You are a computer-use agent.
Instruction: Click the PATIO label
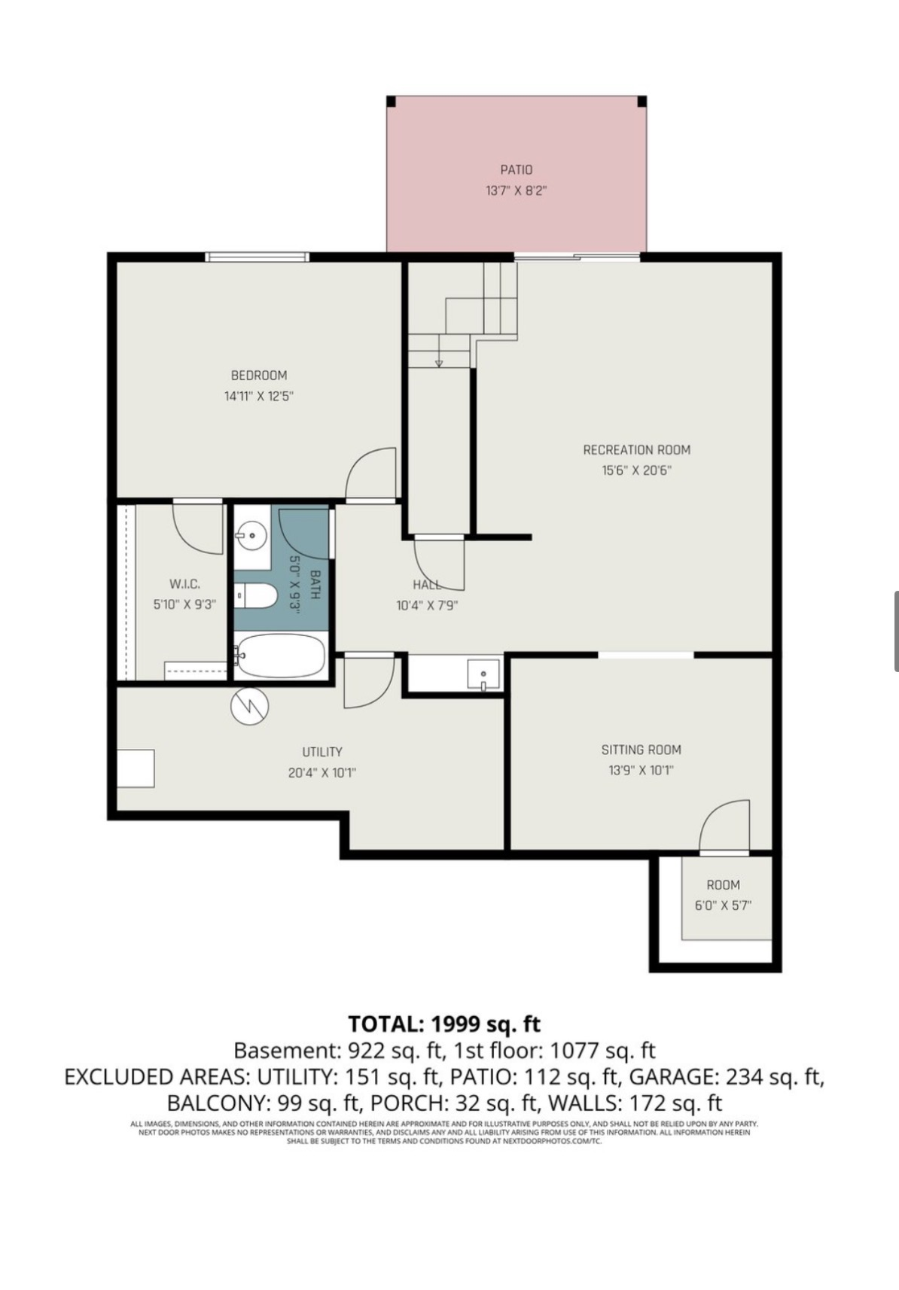pyautogui.click(x=516, y=170)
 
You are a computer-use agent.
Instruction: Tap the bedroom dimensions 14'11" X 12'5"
pyautogui.click(x=258, y=396)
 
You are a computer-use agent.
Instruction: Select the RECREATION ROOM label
pyautogui.click(x=636, y=450)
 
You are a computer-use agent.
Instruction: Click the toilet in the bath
pyautogui.click(x=257, y=597)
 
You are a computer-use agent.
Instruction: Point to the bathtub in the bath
pyautogui.click(x=280, y=656)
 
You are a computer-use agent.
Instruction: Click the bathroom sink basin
pyautogui.click(x=251, y=537)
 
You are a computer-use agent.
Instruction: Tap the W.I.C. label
pyautogui.click(x=184, y=584)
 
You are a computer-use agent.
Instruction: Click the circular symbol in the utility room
pyautogui.click(x=250, y=706)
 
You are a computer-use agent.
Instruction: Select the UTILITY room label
pyautogui.click(x=322, y=752)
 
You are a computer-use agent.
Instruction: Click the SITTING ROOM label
pyautogui.click(x=641, y=750)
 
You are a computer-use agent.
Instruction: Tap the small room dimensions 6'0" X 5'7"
pyautogui.click(x=723, y=905)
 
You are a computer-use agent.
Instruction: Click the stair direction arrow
pyautogui.click(x=439, y=364)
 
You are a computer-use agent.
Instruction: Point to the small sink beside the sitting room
pyautogui.click(x=482, y=673)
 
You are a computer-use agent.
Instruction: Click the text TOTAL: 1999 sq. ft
pyautogui.click(x=444, y=1024)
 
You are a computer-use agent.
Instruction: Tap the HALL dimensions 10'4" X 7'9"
pyautogui.click(x=427, y=605)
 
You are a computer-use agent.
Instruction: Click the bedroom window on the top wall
pyautogui.click(x=258, y=257)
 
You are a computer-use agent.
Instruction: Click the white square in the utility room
pyautogui.click(x=136, y=768)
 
